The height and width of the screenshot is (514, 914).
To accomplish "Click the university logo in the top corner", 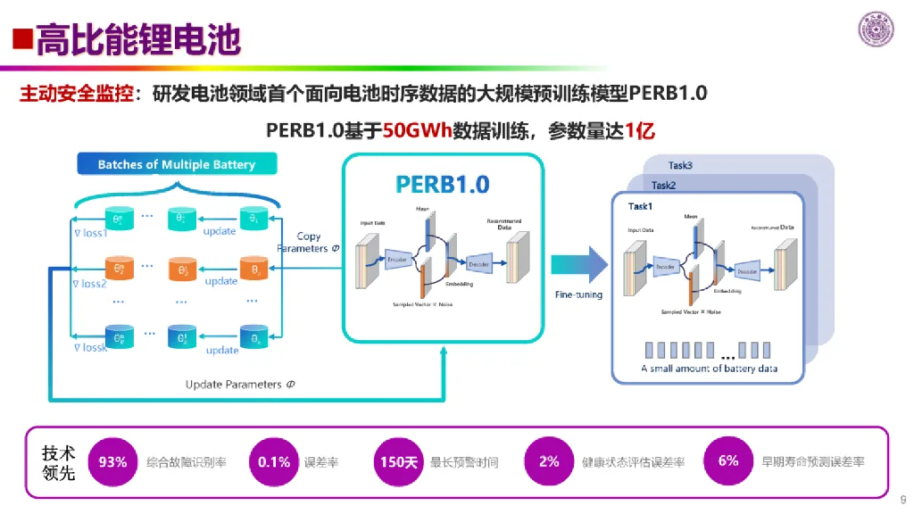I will (877, 29).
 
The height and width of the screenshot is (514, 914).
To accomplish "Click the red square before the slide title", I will (21, 39).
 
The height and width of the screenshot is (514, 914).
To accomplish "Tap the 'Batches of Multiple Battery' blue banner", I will (176, 164).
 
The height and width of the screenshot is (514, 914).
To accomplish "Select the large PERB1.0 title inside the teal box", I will (443, 185).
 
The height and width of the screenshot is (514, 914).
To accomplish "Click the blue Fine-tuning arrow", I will (578, 264).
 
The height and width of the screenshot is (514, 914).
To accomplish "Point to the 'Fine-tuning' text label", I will (578, 294).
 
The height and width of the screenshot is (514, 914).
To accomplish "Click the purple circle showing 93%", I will (112, 461).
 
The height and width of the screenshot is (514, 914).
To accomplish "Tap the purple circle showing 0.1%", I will (274, 461).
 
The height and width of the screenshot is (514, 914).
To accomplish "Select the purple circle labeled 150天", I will (399, 461).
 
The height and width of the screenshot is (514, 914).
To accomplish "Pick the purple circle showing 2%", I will (549, 461).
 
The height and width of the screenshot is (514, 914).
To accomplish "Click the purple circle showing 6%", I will (728, 461).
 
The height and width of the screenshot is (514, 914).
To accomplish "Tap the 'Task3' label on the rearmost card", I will (680, 166).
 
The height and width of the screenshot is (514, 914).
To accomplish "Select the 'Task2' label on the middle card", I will (663, 186).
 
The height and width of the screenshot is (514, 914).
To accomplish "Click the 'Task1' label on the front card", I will (641, 206).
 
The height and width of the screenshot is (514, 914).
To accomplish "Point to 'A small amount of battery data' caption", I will (709, 368).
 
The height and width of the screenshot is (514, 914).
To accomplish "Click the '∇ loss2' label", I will (90, 284).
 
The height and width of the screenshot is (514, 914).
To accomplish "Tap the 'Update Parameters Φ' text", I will (240, 385).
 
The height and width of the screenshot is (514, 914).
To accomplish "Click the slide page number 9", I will (902, 500).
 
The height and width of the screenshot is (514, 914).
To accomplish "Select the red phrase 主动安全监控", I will (77, 93).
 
